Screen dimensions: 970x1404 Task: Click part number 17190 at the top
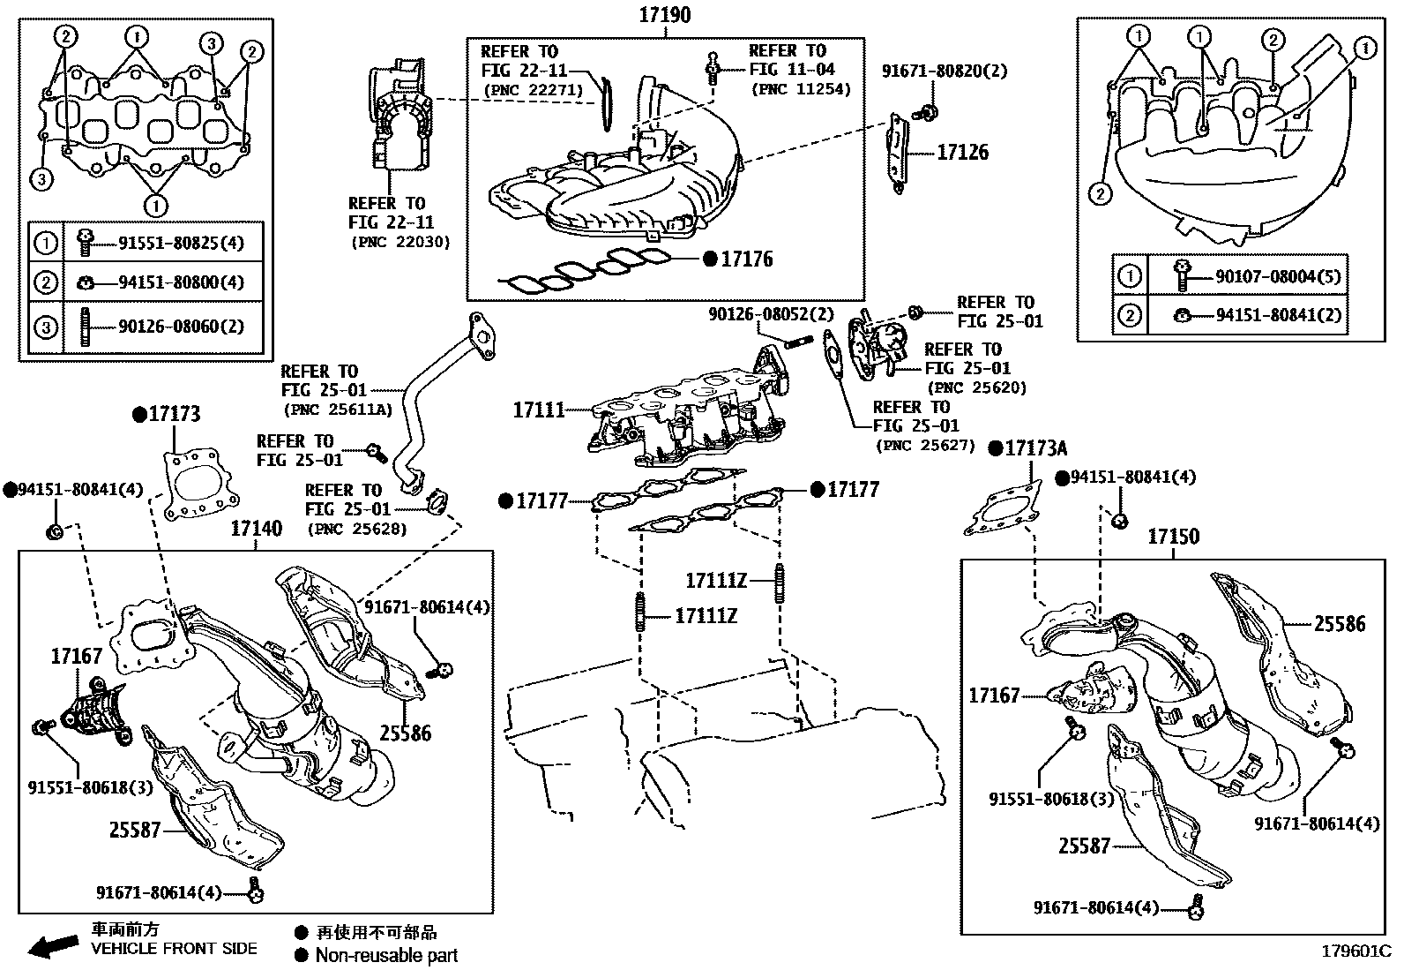tap(665, 15)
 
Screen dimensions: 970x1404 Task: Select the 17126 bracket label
tap(962, 152)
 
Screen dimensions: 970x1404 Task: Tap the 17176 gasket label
tap(746, 259)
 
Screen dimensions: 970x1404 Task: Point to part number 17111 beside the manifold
tap(539, 410)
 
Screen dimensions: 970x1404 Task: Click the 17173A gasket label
tap(1035, 448)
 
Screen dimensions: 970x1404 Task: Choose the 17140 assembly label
tap(257, 529)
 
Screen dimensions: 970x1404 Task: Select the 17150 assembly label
tap(1173, 536)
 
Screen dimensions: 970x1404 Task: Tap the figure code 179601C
tap(1355, 951)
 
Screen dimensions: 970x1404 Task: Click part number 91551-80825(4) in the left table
tap(180, 242)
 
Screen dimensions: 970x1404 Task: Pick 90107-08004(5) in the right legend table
tap(1278, 277)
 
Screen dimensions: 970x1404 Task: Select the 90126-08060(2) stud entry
tap(180, 326)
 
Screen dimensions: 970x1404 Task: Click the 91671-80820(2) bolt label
tap(944, 71)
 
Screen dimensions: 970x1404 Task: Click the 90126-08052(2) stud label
tap(771, 313)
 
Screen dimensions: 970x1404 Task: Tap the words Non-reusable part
tap(386, 954)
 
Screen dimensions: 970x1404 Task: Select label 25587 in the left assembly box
tap(135, 830)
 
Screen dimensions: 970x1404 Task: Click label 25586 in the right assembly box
tap(1339, 624)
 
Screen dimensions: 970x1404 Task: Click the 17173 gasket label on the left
tap(174, 414)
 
